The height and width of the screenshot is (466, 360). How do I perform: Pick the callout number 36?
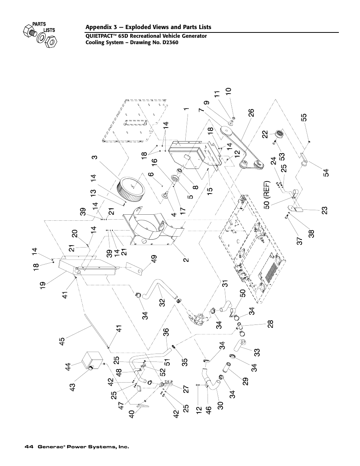click(x=166, y=333)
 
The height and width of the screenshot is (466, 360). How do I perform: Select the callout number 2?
click(x=186, y=260)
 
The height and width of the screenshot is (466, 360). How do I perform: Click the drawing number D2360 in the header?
click(x=168, y=42)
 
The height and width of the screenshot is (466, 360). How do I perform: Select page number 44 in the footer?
click(x=28, y=447)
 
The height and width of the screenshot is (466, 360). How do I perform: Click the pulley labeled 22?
click(x=280, y=133)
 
